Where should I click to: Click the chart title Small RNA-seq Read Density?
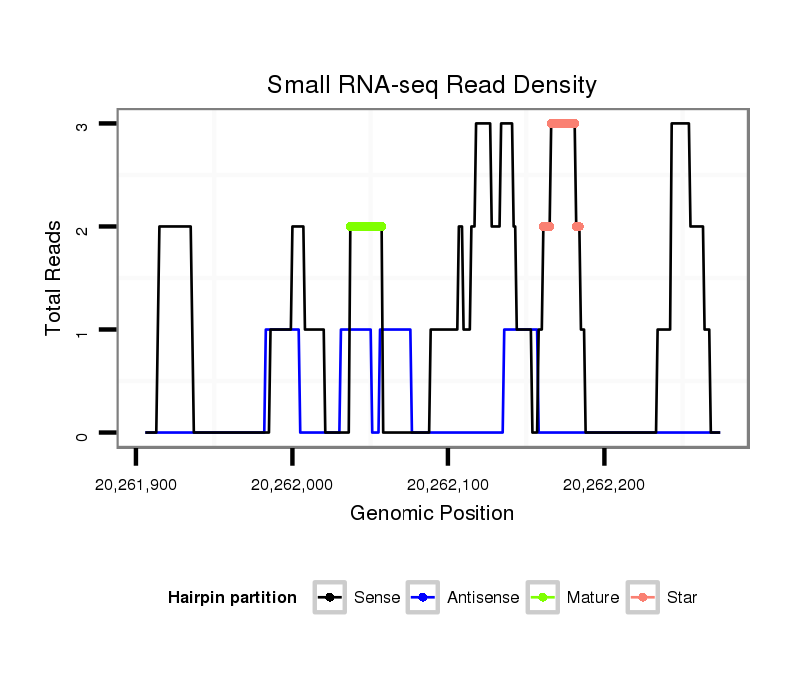point(431,85)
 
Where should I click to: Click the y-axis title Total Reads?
point(55,278)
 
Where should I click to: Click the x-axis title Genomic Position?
point(431,514)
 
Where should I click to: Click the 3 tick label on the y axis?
point(83,124)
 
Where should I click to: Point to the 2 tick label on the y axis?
point(83,227)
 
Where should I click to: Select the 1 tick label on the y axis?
point(83,330)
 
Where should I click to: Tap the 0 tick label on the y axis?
point(83,433)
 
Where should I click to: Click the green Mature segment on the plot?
point(366,227)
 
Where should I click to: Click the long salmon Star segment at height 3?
point(563,124)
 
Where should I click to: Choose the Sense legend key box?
point(329,598)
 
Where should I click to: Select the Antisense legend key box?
point(422,598)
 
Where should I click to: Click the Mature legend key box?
point(542,598)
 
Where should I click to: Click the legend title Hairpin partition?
point(232,598)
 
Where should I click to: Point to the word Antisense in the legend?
point(483,598)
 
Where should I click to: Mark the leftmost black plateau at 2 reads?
point(175,227)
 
